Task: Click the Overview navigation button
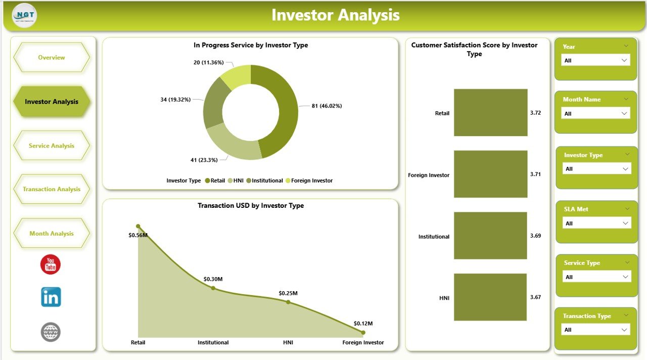coord(52,58)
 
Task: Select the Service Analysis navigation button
coord(52,146)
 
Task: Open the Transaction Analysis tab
coord(52,189)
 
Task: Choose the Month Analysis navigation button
coord(52,234)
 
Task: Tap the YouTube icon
coord(51,264)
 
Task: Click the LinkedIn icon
coord(51,297)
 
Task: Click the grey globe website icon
coord(51,332)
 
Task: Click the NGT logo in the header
coord(24,15)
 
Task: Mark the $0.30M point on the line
coord(213,288)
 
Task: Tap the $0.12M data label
coord(363,323)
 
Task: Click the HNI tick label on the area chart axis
coord(288,342)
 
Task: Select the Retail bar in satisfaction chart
coord(490,113)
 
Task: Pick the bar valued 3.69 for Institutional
coord(490,236)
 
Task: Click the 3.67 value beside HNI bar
coord(535,297)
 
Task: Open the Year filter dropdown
coord(595,60)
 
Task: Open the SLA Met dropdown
coord(596,223)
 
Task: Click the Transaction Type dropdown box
coord(595,330)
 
